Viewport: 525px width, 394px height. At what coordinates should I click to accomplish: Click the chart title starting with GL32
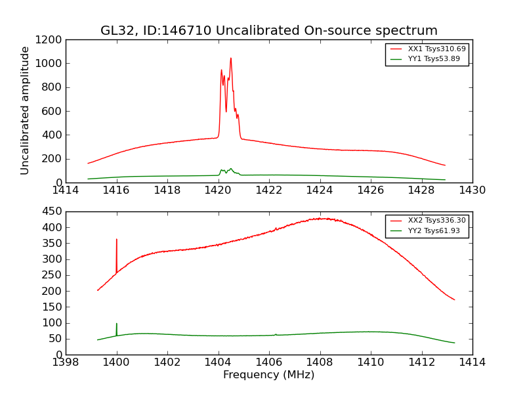268,31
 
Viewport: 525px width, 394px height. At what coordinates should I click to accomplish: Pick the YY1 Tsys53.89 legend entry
434,58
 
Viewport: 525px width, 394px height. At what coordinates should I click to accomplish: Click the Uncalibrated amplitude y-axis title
26,110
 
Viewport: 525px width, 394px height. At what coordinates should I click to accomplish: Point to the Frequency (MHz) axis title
268,375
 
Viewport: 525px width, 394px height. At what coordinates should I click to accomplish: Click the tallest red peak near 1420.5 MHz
230,58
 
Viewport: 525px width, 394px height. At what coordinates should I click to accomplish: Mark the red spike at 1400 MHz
117,240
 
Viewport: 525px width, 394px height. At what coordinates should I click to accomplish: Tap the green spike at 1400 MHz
117,324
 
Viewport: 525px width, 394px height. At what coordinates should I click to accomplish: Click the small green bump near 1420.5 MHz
230,169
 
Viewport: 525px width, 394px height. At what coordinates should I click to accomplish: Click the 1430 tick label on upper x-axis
472,190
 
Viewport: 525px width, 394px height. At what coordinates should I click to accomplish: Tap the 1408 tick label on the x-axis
320,362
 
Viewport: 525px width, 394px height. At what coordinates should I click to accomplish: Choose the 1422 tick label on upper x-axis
269,190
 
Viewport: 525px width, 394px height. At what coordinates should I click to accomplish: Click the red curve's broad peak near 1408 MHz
320,219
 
